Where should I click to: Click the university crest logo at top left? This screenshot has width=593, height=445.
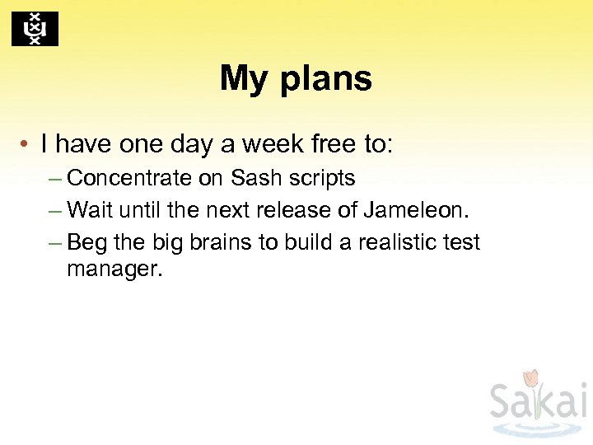pos(35,29)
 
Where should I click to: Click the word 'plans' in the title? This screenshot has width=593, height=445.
pos(327,79)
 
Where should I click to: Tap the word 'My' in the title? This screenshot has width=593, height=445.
pos(243,79)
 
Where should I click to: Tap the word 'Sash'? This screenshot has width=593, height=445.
pos(255,178)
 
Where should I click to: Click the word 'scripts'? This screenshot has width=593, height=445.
pos(320,178)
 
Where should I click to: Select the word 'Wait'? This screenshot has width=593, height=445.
pos(90,210)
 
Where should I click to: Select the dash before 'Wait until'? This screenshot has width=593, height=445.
pos(55,211)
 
